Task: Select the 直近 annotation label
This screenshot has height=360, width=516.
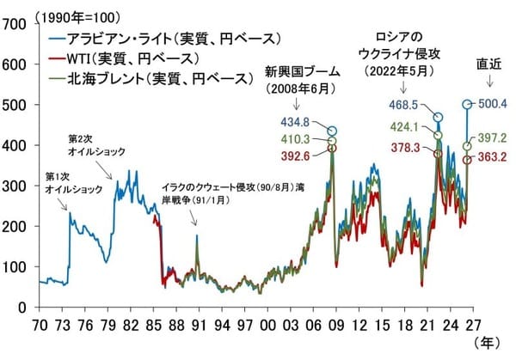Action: coord(489,63)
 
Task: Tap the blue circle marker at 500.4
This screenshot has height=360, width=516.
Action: coord(467,105)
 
